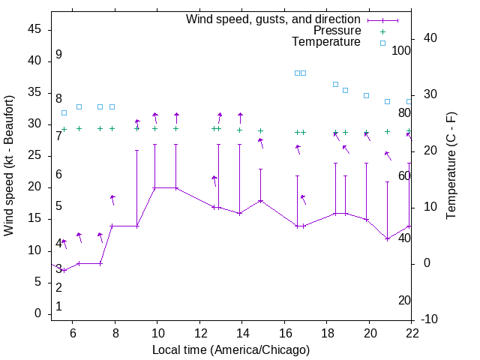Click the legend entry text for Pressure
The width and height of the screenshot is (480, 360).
point(337,31)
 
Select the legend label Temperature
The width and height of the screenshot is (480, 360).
point(326,42)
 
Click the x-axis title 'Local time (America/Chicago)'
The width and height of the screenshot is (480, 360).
point(231,350)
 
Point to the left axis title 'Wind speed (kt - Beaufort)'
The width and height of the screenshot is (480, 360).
point(9,165)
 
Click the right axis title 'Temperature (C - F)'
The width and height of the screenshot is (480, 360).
point(451,166)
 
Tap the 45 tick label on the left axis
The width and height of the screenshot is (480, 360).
point(34,29)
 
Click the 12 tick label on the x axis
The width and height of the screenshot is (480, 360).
point(200,333)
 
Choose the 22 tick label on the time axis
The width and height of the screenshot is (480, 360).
point(412,333)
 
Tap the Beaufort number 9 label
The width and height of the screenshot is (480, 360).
point(58,55)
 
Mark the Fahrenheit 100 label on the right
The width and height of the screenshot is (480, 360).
point(402,51)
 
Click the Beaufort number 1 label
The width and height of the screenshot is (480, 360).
point(58,307)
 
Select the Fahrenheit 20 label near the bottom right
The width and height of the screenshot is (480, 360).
point(404,301)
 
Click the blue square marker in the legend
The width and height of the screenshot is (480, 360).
point(382,43)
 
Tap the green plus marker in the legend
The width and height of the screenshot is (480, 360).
point(382,31)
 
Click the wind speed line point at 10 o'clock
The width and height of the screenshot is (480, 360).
point(154,187)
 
